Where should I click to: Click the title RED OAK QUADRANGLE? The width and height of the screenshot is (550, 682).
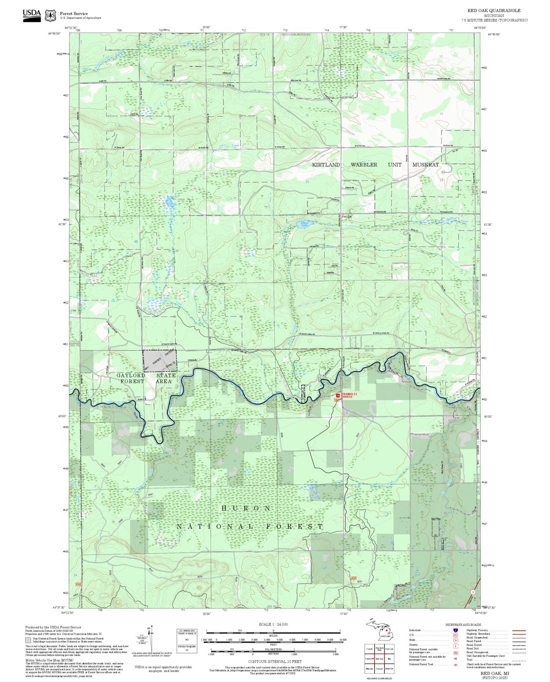pyautogui.click(x=494, y=10)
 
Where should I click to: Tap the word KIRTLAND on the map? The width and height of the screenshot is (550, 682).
pyautogui.click(x=326, y=165)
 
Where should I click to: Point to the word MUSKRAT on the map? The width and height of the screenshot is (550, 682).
pyautogui.click(x=426, y=165)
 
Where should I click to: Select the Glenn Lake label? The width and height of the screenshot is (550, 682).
pyautogui.click(x=304, y=224)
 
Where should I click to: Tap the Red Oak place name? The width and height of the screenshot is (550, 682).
pyautogui.click(x=347, y=216)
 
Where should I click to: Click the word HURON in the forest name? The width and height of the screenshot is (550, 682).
pyautogui.click(x=246, y=508)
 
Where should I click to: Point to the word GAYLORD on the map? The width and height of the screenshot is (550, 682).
pyautogui.click(x=131, y=375)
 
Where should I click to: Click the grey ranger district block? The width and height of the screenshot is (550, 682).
pyautogui.click(x=159, y=360)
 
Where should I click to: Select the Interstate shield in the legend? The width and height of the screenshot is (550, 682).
pyautogui.click(x=455, y=630)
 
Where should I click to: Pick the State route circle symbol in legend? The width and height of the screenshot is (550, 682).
pyautogui.click(x=455, y=640)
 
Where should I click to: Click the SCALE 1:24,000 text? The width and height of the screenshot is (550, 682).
pyautogui.click(x=273, y=624)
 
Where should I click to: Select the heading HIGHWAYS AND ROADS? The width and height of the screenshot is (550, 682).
pyautogui.click(x=463, y=625)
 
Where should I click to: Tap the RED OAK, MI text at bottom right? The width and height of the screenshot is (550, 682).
pyautogui.click(x=494, y=673)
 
